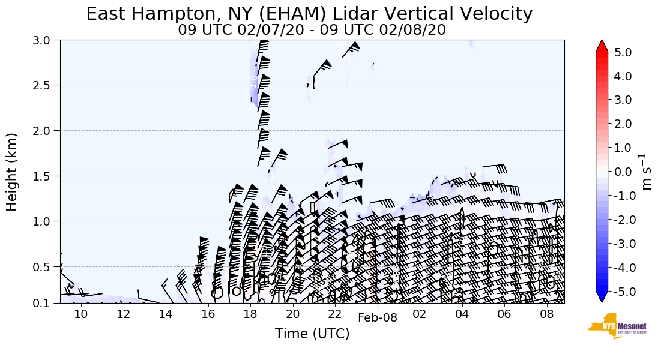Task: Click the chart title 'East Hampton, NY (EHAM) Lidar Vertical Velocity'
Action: coord(309,14)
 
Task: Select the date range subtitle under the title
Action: coord(312,30)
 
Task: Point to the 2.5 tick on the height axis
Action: coord(46,85)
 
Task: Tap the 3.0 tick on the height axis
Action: coord(46,40)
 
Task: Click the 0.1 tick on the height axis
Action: coord(46,303)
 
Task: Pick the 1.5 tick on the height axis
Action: coord(46,176)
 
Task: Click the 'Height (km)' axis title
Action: coord(13,172)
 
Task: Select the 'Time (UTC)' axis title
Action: coord(312,334)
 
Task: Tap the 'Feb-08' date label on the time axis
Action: coord(377,318)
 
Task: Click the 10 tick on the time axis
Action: coord(81,314)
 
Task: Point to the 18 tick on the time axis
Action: coord(250,314)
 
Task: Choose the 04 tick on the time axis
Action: coord(462,314)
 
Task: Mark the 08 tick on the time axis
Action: coord(546,314)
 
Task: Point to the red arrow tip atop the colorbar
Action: coord(602,46)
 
